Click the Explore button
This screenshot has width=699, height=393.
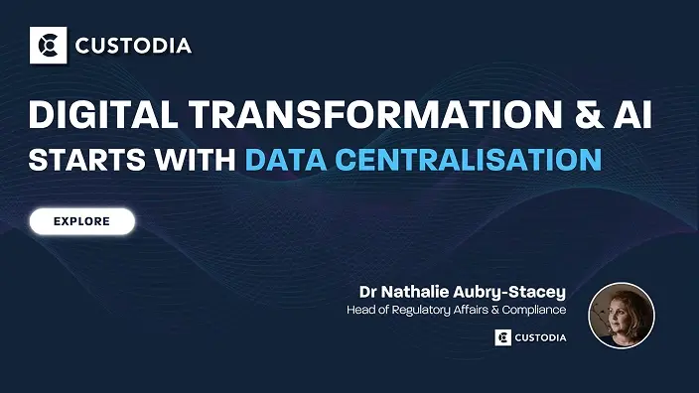pyautogui.click(x=81, y=221)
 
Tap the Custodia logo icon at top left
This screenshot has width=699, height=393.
pyautogui.click(x=47, y=45)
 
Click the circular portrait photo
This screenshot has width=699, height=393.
pyautogui.click(x=622, y=316)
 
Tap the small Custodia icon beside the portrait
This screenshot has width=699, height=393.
pyautogui.click(x=502, y=337)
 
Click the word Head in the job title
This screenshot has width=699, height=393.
pyautogui.click(x=361, y=310)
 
